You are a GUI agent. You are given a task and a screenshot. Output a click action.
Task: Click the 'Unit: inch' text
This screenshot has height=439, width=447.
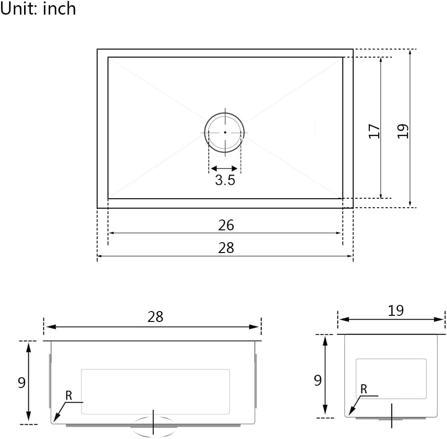[38, 8]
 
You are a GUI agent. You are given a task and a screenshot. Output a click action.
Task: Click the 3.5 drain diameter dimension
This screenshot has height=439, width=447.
[225, 180]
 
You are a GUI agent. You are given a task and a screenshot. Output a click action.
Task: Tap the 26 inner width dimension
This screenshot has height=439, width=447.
[226, 225]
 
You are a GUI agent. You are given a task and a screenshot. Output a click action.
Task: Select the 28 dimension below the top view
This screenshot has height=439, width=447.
[226, 247]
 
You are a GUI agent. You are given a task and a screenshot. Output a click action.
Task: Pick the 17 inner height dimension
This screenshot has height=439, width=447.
[374, 131]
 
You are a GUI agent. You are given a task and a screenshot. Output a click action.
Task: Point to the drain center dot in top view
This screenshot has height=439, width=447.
[225, 132]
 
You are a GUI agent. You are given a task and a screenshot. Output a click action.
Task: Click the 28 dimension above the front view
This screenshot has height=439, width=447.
[155, 317]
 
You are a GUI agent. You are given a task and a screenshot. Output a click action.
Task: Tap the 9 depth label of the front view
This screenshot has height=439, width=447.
[22, 382]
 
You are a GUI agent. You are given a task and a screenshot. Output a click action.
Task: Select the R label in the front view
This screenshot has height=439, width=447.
[69, 396]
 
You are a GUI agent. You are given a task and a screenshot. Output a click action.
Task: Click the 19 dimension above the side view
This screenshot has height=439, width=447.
[396, 310]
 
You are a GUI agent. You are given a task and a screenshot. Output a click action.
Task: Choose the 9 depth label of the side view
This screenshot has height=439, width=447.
[318, 380]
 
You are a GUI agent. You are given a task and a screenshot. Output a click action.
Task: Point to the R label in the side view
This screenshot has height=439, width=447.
[364, 389]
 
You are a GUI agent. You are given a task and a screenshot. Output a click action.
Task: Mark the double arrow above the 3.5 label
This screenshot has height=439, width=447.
[224, 169]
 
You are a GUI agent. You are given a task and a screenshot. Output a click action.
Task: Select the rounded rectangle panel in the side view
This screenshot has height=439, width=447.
[391, 379]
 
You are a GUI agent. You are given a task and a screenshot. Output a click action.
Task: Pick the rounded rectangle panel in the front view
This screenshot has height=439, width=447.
[155, 391]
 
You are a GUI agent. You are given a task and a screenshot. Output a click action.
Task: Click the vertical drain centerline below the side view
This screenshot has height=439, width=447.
[392, 415]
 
